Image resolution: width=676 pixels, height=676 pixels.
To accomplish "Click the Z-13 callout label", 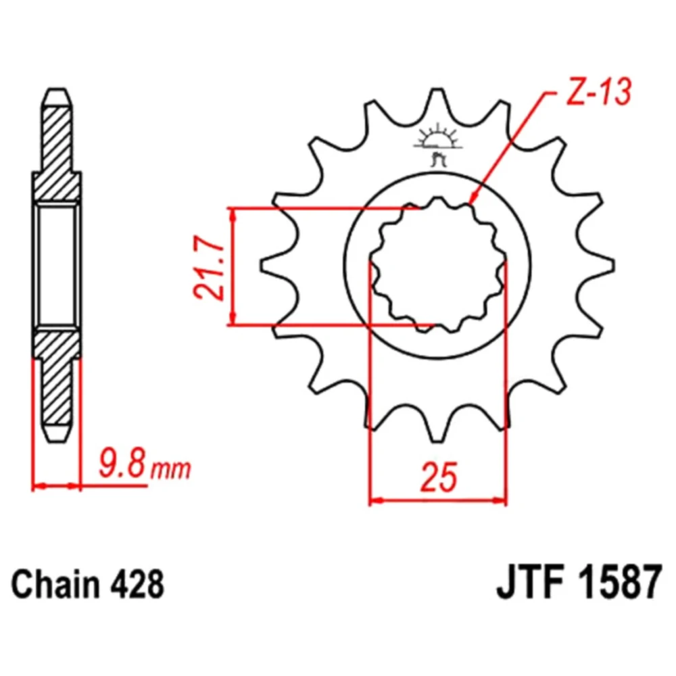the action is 598,92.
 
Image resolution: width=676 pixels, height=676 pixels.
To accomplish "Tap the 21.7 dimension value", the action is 209,267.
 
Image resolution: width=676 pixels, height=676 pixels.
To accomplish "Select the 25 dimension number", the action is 438,477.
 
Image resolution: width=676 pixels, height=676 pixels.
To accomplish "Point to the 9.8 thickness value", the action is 123,464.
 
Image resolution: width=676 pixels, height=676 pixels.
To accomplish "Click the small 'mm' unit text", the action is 170,470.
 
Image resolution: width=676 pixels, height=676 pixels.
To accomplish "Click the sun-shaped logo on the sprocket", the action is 438,142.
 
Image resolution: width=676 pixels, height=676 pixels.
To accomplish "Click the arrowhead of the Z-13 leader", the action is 471,198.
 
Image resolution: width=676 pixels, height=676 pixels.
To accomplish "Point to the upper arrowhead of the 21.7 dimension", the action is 233,214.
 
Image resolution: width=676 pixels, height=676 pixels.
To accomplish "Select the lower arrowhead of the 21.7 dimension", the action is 233,319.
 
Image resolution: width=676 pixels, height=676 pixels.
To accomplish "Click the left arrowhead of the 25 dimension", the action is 376,500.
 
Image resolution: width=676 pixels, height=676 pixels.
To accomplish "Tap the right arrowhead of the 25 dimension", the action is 500,500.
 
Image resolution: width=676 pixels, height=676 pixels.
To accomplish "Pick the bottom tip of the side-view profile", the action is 57,440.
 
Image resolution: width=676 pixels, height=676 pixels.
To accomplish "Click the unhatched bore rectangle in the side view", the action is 57,265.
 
